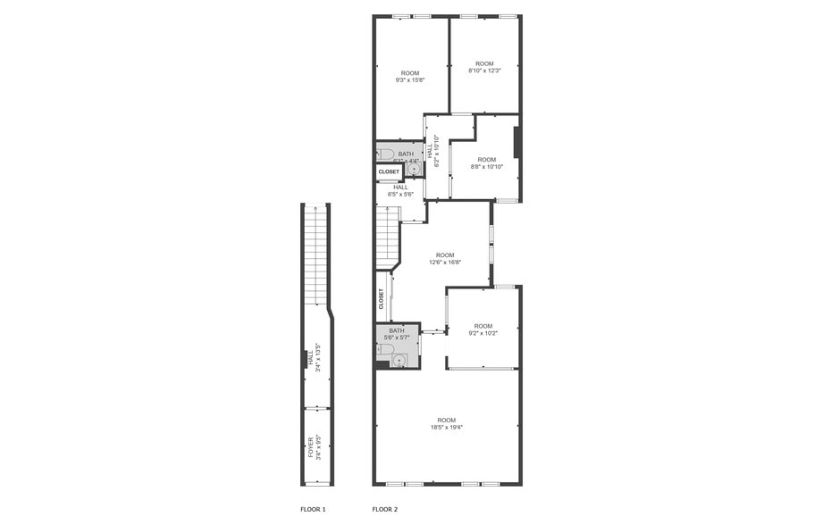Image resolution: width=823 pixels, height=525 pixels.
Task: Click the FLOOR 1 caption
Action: tap(313, 509)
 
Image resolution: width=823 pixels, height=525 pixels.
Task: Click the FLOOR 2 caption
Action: tap(385, 509)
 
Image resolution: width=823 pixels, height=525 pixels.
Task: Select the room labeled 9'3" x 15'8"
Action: tap(410, 77)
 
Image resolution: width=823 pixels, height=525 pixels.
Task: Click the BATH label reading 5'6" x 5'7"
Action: tap(396, 334)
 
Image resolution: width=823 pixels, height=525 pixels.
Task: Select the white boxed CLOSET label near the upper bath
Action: tap(389, 171)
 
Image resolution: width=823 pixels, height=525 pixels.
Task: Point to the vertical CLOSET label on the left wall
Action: tap(382, 298)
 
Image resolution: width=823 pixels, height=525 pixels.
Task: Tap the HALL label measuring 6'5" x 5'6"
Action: tap(400, 190)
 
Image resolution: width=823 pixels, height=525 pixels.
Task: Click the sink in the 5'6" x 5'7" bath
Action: tap(399, 360)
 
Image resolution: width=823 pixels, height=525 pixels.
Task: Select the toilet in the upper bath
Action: tap(387, 154)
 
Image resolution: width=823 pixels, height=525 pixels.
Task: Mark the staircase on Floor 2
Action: tap(386, 237)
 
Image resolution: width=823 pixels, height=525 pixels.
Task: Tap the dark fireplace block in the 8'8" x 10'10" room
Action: tap(516, 143)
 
